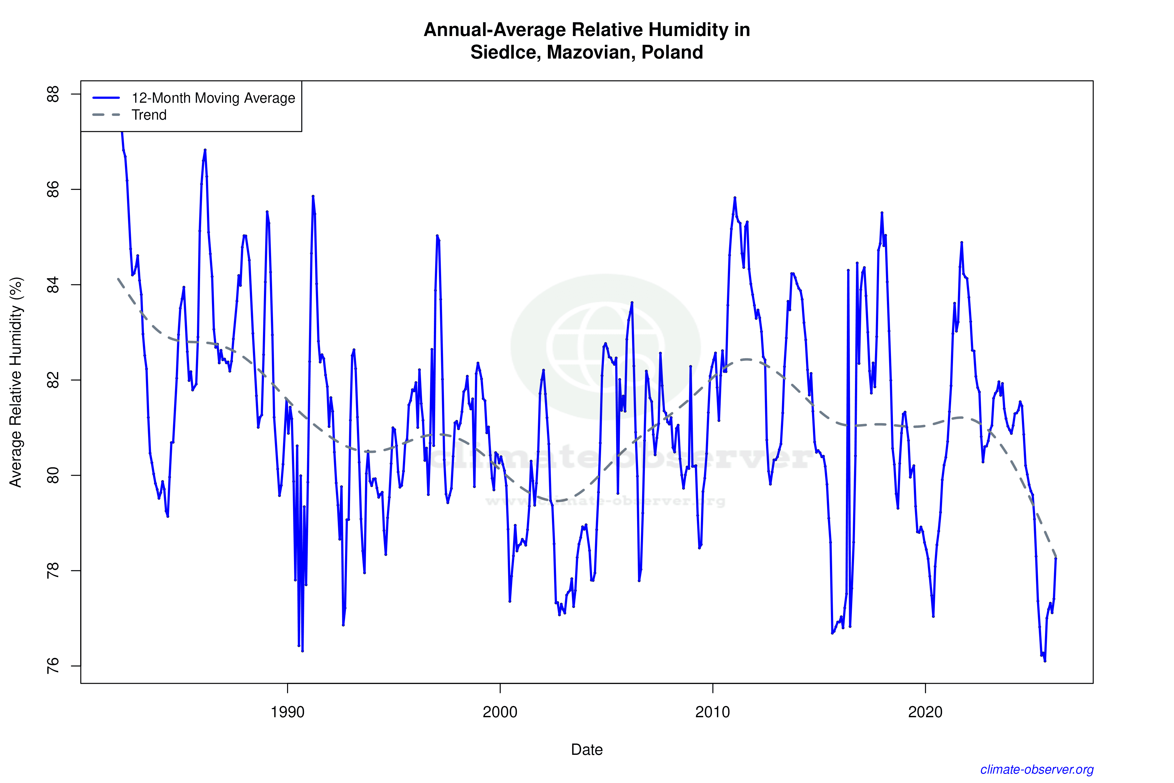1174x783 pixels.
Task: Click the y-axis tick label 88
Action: coord(52,94)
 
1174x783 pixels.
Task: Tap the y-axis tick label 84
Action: coord(52,285)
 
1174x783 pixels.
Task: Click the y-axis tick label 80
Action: coord(52,475)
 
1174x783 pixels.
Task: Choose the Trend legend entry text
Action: coord(149,115)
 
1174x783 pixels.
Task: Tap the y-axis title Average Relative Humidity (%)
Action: coord(16,382)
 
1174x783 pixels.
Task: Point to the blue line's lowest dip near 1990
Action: coord(302,651)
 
